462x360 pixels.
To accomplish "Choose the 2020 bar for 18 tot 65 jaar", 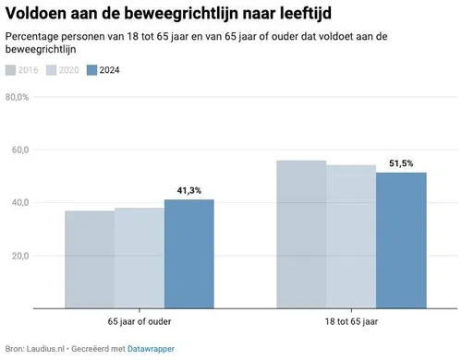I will [351, 235].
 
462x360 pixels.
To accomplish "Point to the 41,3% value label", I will [188, 191].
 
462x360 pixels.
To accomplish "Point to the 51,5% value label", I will [400, 163].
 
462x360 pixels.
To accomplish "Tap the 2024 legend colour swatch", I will [91, 70].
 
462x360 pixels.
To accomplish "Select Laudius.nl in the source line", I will [46, 348].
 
